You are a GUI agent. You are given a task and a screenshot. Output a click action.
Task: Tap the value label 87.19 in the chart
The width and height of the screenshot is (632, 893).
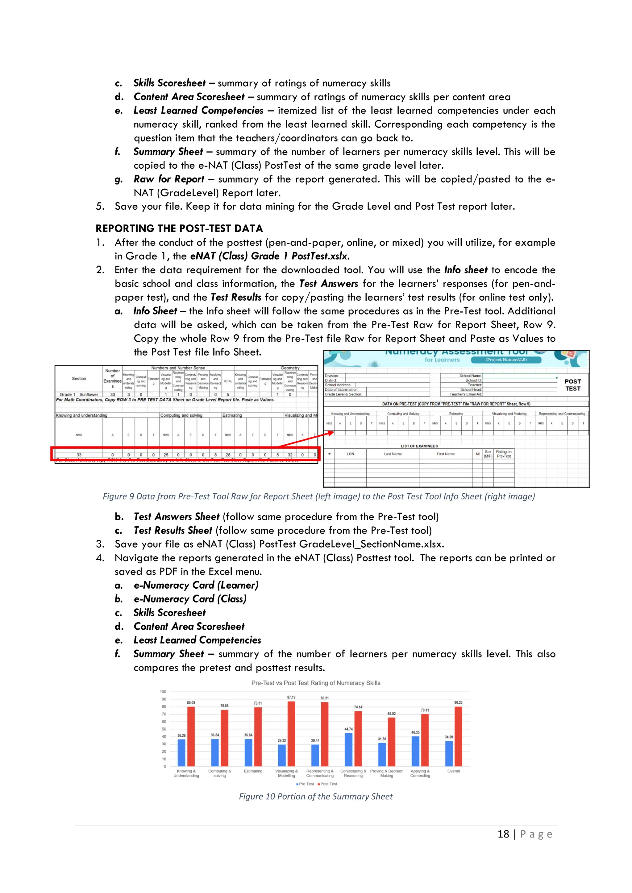click(291, 697)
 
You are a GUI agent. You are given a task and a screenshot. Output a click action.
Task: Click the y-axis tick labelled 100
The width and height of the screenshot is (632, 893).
click(163, 692)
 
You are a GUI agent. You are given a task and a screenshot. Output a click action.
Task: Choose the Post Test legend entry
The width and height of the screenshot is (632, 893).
click(327, 784)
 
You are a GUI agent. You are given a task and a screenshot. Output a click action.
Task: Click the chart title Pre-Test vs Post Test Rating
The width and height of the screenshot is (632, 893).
click(316, 683)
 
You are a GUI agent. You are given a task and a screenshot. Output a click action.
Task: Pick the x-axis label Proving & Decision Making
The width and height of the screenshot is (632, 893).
click(386, 773)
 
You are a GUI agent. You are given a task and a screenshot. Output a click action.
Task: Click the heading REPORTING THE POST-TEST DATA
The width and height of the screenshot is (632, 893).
click(179, 228)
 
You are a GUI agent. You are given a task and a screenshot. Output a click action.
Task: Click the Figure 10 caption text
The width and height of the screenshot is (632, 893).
click(316, 796)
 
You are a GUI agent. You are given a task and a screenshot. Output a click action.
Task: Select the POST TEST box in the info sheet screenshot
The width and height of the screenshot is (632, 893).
click(572, 385)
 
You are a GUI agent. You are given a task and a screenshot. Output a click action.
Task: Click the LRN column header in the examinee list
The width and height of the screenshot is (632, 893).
click(350, 454)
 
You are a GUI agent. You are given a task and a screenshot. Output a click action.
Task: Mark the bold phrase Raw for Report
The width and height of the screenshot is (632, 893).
click(169, 179)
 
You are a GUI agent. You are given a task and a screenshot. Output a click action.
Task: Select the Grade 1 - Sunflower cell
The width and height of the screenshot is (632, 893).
click(79, 394)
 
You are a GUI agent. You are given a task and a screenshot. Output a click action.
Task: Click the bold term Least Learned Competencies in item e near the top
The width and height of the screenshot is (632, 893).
click(198, 110)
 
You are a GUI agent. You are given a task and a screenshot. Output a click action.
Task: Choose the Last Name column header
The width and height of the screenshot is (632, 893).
click(393, 454)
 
